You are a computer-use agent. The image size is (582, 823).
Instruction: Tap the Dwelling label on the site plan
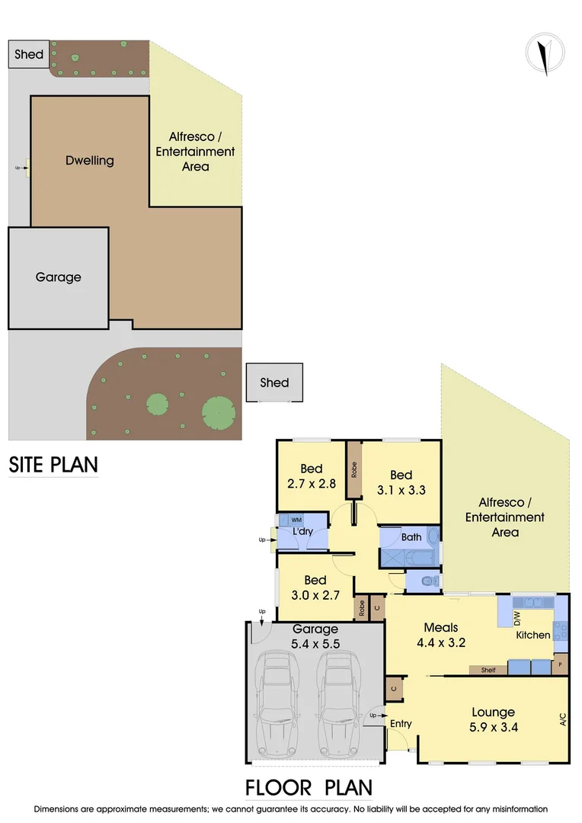coord(89,160)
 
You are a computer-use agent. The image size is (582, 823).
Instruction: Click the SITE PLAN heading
coord(53,464)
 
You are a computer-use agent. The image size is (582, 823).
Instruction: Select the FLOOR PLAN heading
coord(309,787)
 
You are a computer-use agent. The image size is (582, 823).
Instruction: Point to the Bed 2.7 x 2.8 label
coord(311,476)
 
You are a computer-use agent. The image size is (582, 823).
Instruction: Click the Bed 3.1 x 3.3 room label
coord(401,482)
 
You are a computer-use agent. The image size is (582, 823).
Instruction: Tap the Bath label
coord(411,537)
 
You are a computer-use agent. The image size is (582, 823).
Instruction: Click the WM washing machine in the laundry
coord(296,520)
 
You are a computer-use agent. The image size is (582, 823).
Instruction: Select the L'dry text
coord(302,531)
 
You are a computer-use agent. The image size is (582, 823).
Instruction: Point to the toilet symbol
coord(431,582)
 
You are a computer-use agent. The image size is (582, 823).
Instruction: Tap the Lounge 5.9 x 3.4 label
coord(493,719)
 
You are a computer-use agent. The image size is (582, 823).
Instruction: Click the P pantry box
coord(561,664)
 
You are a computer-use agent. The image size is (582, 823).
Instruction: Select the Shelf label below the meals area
coord(488,671)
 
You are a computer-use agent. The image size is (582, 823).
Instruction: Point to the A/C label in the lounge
coord(562,719)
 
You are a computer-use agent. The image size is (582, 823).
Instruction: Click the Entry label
coord(401,723)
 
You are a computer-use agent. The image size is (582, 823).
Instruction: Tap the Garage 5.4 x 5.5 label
coord(315,636)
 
